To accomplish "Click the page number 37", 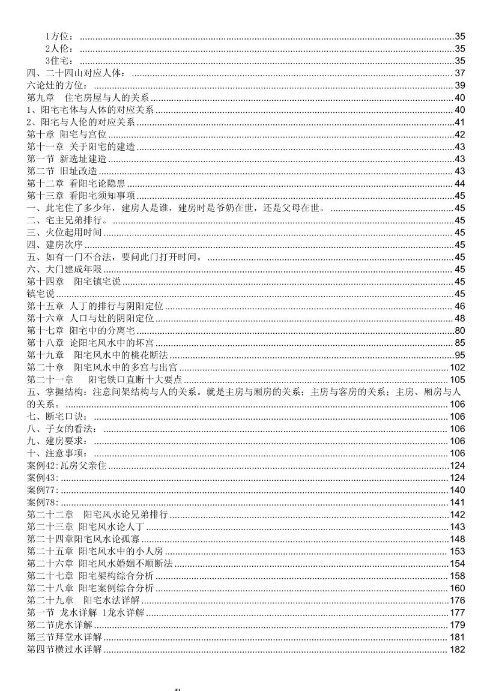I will [460, 73].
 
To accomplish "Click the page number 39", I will [460, 85].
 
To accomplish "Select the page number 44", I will [460, 183].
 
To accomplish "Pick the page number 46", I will [460, 306].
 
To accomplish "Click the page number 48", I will [460, 318].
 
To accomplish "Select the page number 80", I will [460, 331].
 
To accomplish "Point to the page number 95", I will [460, 355].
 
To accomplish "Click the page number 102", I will [458, 367].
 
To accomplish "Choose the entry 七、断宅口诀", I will [57, 417].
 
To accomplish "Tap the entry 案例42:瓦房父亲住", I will [67, 466].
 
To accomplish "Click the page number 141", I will [458, 502].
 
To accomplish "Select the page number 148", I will [458, 539].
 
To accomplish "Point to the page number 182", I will [458, 650].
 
